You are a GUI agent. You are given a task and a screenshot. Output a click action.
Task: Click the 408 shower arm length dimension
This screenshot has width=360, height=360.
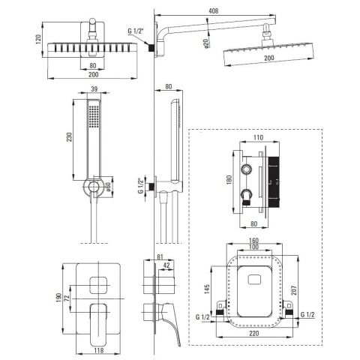coord(213,11)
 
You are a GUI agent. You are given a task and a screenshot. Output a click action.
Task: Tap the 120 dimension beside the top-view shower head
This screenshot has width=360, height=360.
coord(38,40)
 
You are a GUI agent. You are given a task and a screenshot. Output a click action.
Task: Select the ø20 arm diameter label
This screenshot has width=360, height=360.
coord(206,43)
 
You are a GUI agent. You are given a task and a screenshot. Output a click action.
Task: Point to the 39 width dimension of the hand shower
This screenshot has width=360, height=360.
coord(94,89)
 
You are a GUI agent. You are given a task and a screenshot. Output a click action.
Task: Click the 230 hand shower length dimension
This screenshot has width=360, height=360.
coord(70,137)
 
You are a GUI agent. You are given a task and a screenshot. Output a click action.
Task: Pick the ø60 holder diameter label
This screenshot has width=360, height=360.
coord(108,186)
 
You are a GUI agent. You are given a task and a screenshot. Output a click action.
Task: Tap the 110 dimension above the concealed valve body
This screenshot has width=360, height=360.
coord(258,137)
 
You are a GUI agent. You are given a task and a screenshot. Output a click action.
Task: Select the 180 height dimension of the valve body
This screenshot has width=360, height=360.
coord(229,180)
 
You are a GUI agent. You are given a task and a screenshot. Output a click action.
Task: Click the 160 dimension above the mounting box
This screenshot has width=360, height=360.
coord(253,241)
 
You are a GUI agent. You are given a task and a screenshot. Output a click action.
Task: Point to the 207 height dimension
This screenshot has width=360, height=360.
coord(294,290)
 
